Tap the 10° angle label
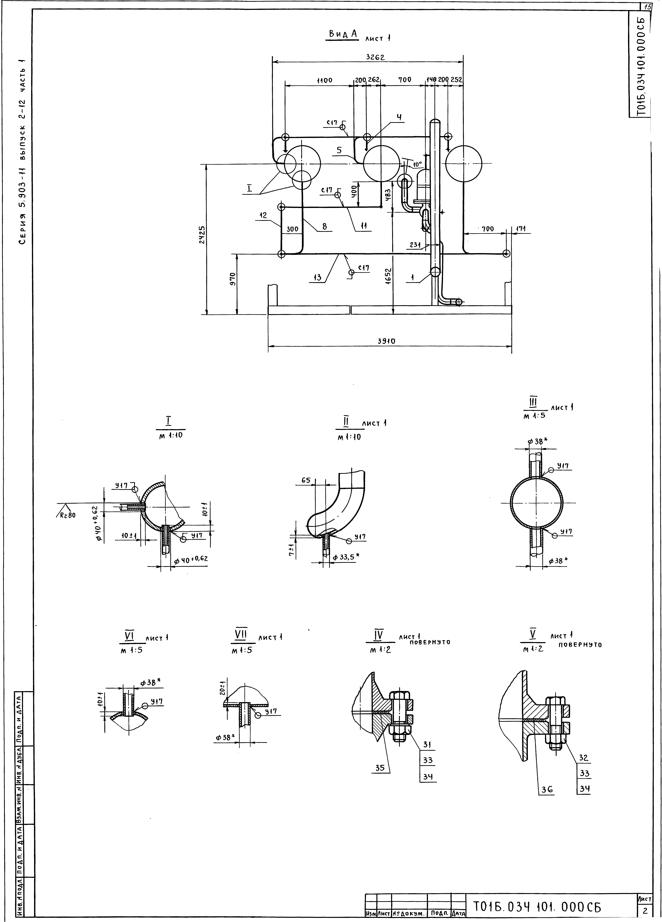[x=417, y=165]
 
